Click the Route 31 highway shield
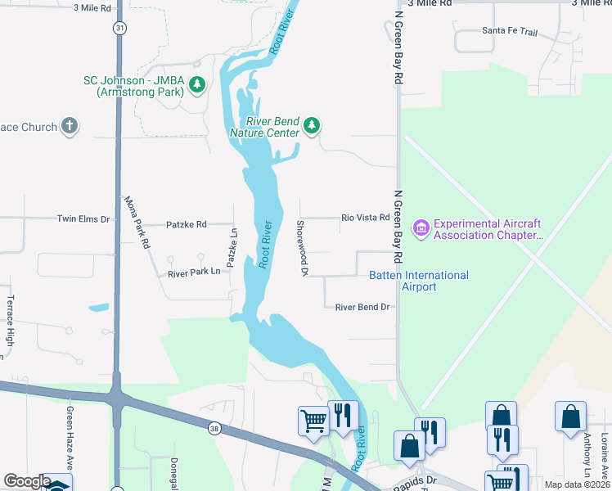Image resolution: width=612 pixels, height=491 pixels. [120, 28]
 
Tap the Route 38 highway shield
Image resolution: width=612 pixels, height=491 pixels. [214, 427]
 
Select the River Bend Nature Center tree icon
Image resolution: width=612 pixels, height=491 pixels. [311, 125]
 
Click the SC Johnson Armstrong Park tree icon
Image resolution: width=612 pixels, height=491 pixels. [196, 83]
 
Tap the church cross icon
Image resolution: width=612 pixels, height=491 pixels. [70, 126]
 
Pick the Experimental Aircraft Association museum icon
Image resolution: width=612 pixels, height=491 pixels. [421, 227]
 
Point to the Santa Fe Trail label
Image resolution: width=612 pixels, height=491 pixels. [510, 30]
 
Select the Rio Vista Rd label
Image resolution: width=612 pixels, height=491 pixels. [365, 218]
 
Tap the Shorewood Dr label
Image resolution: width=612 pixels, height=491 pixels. [301, 247]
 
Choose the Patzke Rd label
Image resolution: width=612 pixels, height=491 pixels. [187, 223]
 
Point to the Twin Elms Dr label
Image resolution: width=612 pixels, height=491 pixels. [83, 218]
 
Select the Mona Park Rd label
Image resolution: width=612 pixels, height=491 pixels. [137, 222]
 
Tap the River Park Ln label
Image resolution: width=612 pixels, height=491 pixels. [195, 272]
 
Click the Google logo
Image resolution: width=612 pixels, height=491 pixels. [26, 481]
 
